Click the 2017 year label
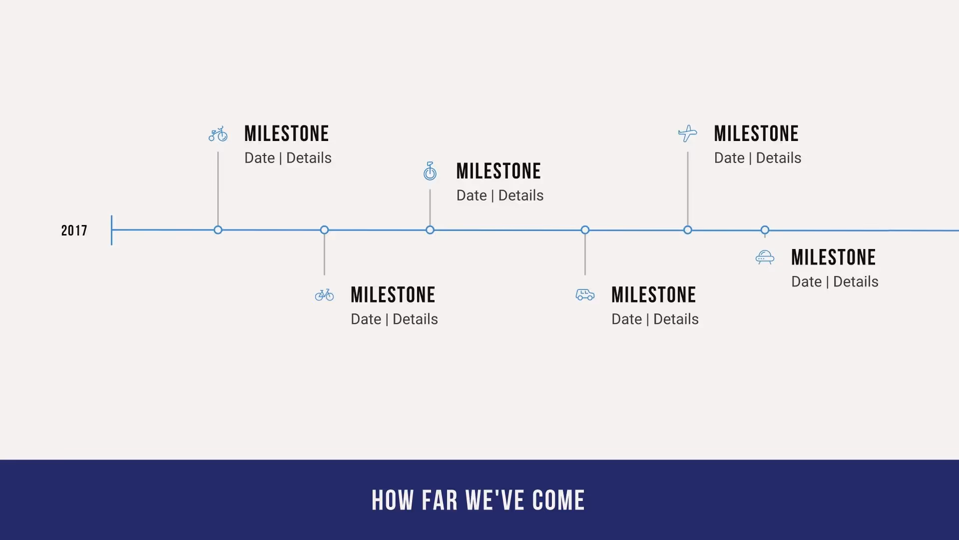click(74, 230)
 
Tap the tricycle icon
click(218, 134)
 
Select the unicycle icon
click(430, 171)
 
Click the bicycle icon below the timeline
click(324, 295)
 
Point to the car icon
click(585, 295)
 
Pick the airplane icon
click(688, 133)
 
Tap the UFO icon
click(765, 257)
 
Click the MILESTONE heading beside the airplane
click(756, 134)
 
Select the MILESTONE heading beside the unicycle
click(498, 171)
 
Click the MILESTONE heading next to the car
click(653, 295)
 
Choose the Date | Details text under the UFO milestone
click(835, 281)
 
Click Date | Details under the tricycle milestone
click(288, 158)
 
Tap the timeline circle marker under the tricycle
click(218, 230)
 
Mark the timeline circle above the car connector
click(585, 230)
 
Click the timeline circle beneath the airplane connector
click(688, 230)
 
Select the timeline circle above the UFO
click(765, 230)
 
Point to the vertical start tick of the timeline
click(111, 230)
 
